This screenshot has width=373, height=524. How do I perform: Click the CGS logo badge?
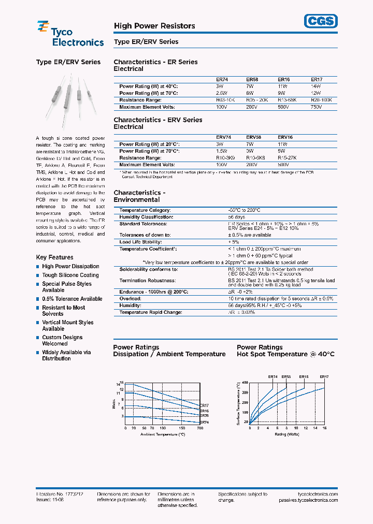[x=320, y=20]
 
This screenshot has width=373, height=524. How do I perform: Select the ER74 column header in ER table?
[x=222, y=80]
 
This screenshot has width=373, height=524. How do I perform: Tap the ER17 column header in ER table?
[x=316, y=80]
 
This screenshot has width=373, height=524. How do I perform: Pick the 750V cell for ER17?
[x=316, y=107]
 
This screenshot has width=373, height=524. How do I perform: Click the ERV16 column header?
[x=286, y=138]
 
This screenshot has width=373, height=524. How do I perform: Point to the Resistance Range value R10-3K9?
[x=225, y=158]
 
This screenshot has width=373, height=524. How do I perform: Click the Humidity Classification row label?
[x=146, y=217]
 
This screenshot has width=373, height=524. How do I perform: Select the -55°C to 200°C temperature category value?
[x=244, y=210]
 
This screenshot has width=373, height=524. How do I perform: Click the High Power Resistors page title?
[x=154, y=26]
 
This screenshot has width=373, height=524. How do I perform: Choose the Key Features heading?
[x=54, y=257]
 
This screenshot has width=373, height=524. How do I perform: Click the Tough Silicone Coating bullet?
[x=70, y=275]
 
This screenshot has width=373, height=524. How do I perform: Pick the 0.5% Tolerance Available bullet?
[x=72, y=299]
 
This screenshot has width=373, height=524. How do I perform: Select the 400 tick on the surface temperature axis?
[x=245, y=382]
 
